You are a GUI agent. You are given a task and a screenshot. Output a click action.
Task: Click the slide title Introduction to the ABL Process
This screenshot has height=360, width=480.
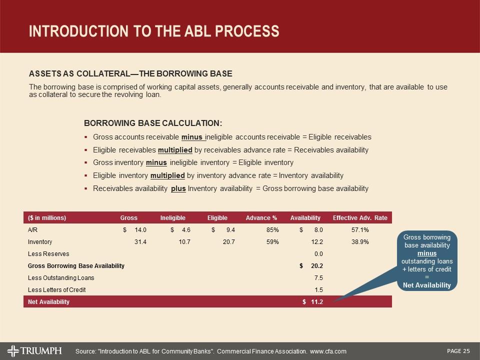(154, 31)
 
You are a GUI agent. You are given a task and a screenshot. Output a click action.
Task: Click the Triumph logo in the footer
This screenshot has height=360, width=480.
(34, 349)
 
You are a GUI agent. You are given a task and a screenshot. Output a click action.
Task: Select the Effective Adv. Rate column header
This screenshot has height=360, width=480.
(359, 218)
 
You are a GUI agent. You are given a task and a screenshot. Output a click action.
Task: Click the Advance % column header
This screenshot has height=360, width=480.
(261, 218)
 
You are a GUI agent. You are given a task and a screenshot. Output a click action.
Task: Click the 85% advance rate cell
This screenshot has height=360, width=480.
(272, 230)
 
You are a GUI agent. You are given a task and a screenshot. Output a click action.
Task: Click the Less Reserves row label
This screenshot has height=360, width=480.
(48, 254)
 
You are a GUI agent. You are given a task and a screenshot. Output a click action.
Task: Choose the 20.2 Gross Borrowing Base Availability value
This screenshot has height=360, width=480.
(316, 265)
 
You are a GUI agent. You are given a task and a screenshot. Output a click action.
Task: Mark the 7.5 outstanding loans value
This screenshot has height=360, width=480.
(318, 277)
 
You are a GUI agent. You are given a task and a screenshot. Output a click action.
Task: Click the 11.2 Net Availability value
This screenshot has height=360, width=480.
(316, 302)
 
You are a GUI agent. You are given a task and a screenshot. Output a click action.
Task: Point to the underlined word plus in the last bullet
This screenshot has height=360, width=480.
(178, 188)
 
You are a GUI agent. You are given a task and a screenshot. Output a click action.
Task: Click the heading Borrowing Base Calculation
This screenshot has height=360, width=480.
(153, 123)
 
